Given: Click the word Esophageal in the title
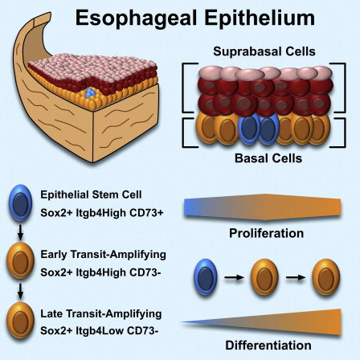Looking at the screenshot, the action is (137, 18).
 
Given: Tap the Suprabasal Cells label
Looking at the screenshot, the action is (264, 51).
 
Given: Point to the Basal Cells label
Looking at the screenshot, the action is (268, 158).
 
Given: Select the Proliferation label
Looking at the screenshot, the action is (266, 233).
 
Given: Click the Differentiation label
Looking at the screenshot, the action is (268, 345).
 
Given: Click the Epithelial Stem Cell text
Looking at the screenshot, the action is (91, 194).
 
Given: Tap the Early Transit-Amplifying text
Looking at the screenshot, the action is (103, 255).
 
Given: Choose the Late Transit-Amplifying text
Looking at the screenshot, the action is (101, 313).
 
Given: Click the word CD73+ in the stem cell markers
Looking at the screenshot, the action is (146, 213).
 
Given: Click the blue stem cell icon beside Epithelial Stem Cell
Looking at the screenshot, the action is (20, 202).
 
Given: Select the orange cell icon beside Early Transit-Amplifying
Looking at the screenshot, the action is (20, 260).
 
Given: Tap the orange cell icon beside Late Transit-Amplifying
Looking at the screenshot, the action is (20, 320).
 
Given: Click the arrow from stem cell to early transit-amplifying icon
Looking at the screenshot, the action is (20, 232).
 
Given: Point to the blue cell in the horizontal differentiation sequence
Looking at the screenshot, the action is (206, 277).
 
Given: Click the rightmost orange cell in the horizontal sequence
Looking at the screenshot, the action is (326, 277).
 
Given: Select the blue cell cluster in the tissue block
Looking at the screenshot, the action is (91, 93).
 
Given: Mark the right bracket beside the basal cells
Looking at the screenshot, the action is (338, 133).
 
